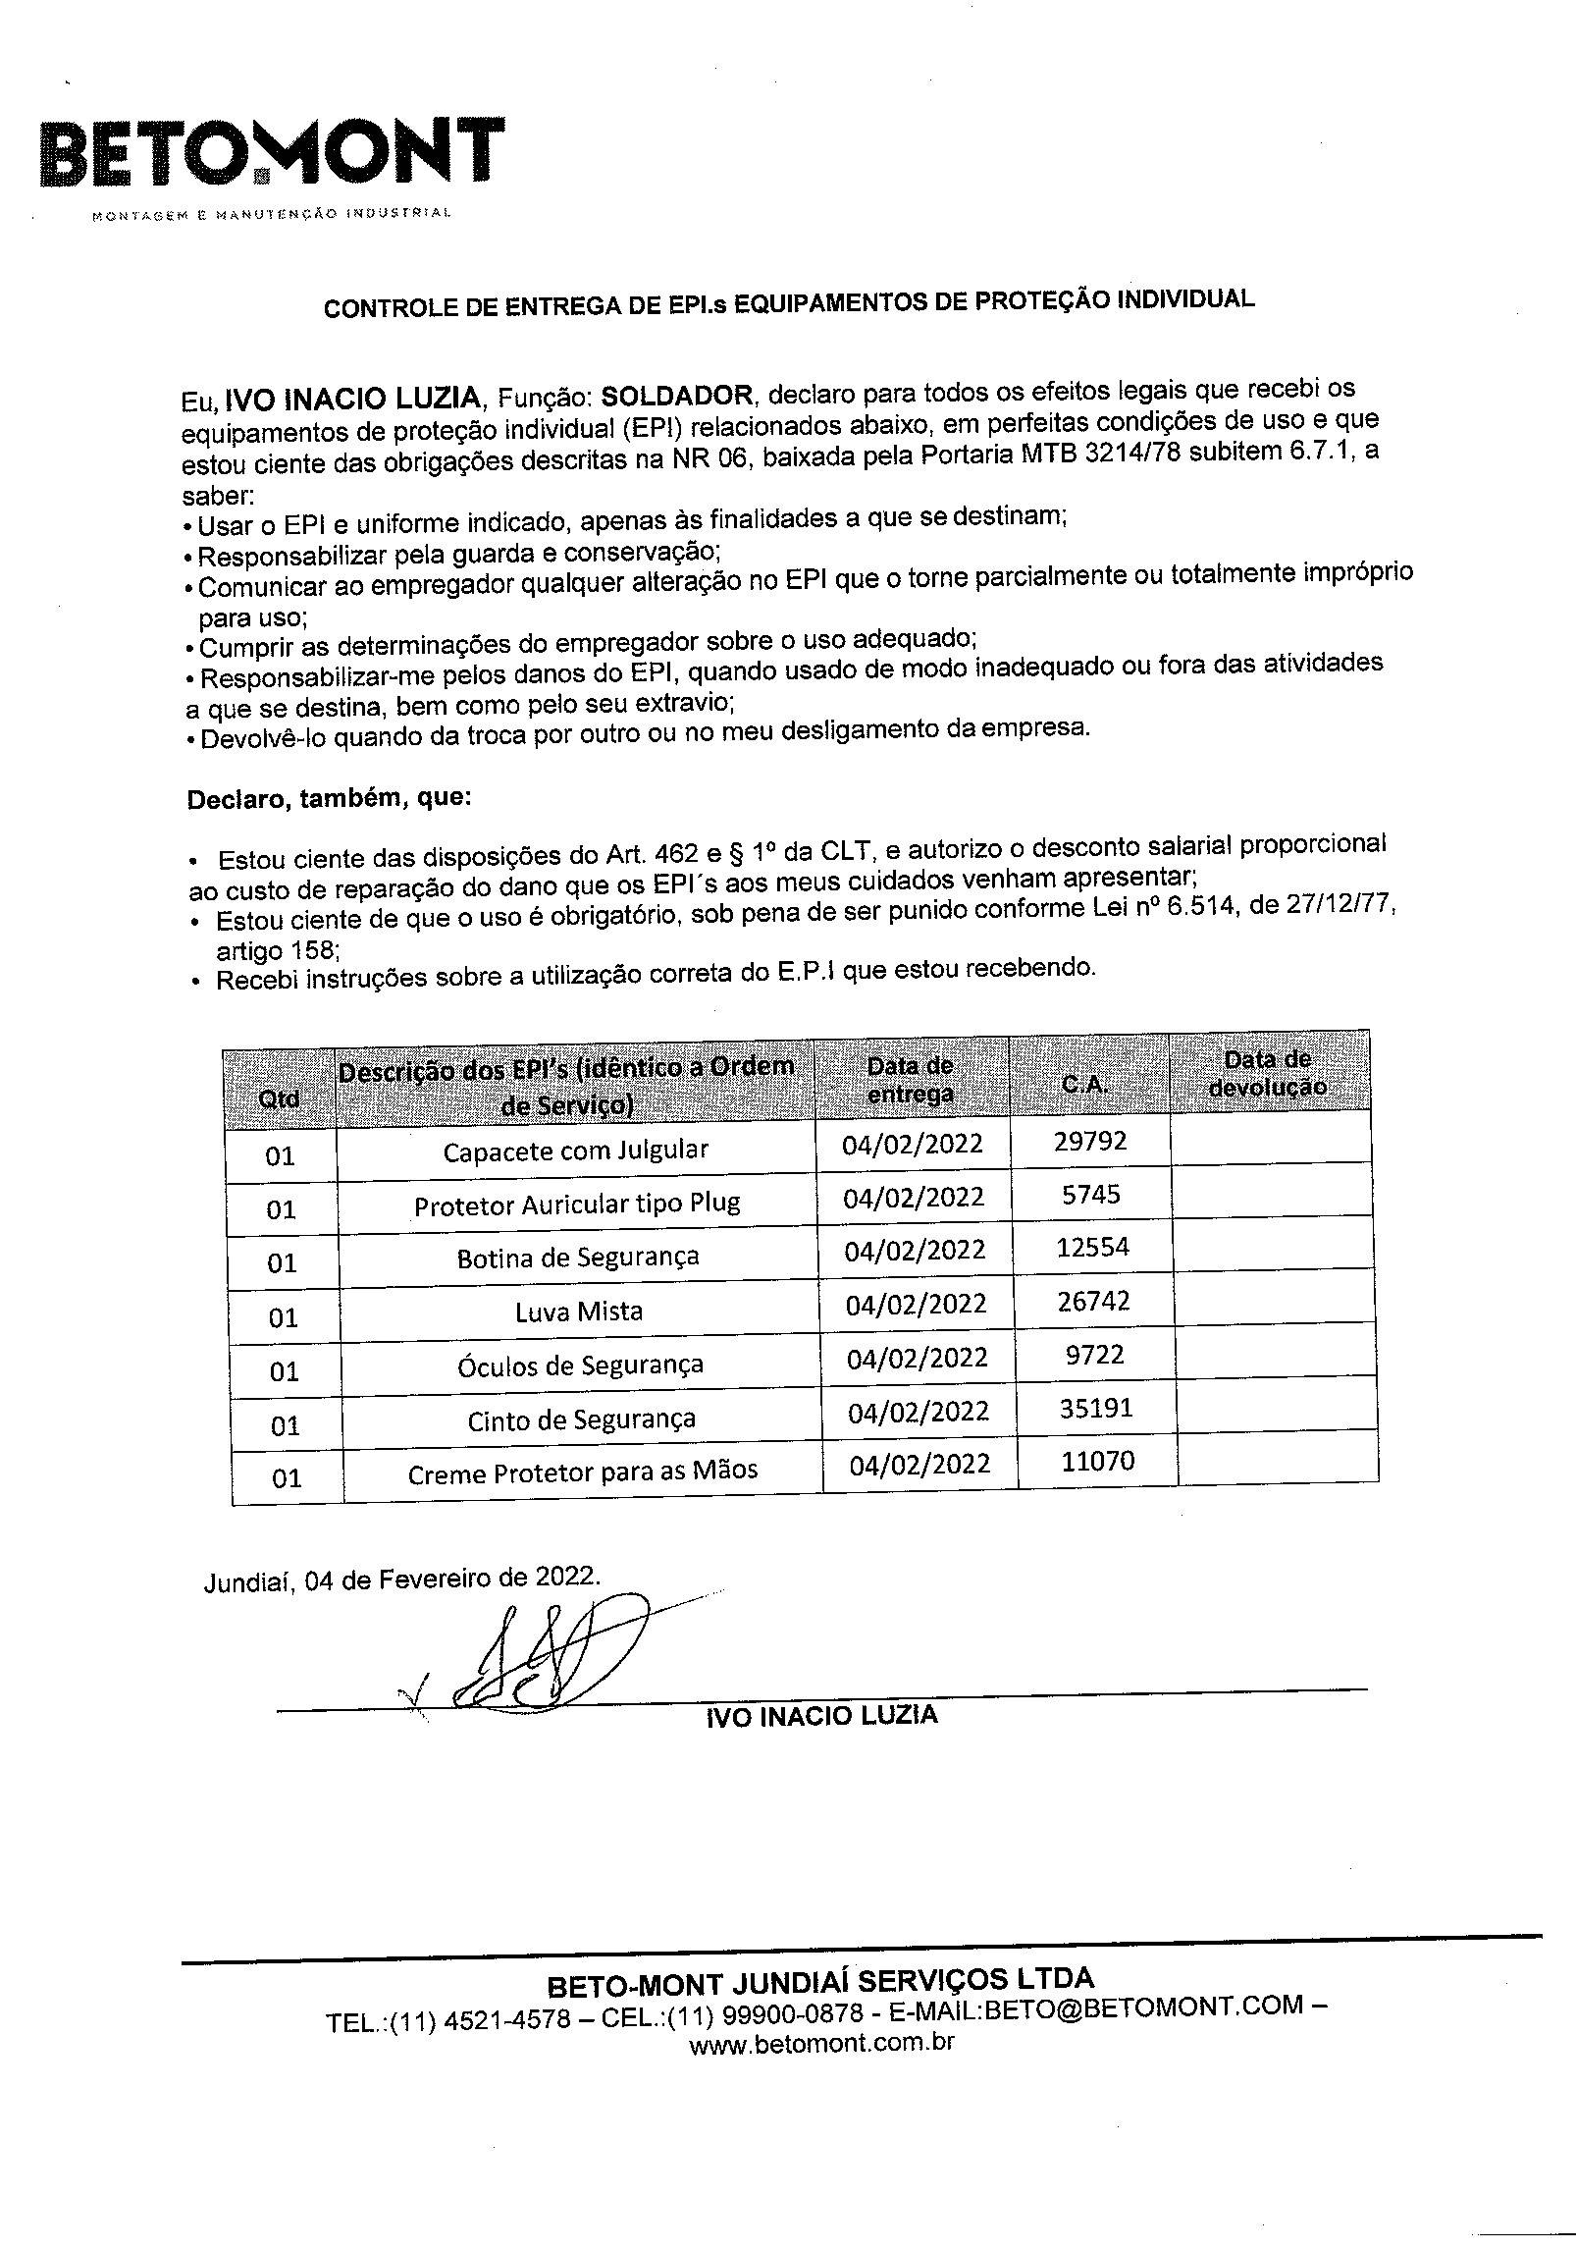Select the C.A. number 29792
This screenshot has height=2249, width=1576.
click(1089, 1141)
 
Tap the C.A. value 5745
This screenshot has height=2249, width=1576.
click(1090, 1195)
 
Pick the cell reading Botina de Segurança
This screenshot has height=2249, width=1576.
click(578, 1257)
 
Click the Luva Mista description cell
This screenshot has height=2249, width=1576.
click(579, 1311)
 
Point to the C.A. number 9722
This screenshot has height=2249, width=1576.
click(1093, 1356)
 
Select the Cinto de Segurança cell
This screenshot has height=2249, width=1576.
click(581, 1419)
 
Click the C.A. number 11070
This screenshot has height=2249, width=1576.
click(1097, 1462)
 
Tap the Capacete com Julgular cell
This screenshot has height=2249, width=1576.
click(575, 1150)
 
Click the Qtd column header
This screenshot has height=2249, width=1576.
click(279, 1098)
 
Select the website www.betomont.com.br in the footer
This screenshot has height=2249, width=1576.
click(821, 2043)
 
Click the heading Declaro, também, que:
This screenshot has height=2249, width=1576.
click(329, 798)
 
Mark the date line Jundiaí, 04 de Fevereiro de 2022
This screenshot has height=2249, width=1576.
click(400, 1578)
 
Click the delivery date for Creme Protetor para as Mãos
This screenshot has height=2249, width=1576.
click(919, 1465)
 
